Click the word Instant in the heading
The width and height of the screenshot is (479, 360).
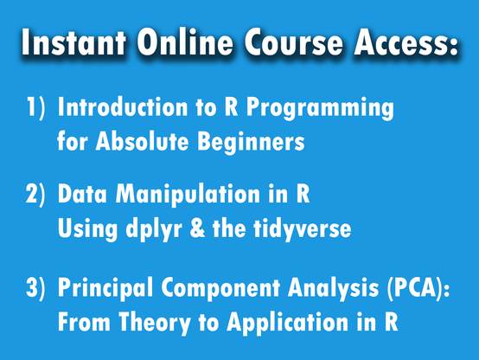click(x=73, y=42)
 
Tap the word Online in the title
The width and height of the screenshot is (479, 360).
click(x=184, y=42)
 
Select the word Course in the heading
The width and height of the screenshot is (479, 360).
click(x=293, y=42)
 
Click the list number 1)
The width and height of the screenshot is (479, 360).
click(x=35, y=106)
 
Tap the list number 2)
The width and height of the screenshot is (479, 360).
click(x=35, y=194)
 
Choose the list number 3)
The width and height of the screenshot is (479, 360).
click(x=35, y=287)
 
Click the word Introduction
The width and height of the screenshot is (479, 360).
click(x=123, y=106)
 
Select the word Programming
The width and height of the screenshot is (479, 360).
click(x=320, y=109)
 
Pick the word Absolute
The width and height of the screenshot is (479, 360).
click(x=142, y=141)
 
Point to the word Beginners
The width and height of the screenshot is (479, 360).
click(x=251, y=143)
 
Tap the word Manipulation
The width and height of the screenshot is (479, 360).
click(x=188, y=196)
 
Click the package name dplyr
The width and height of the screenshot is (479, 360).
click(x=154, y=230)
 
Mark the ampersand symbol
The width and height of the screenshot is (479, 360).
click(x=198, y=228)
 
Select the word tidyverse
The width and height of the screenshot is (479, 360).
click(x=303, y=230)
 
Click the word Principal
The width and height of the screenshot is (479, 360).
click(x=105, y=289)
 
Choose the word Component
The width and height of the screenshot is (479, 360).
click(x=220, y=289)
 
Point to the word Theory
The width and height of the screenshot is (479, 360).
click(x=155, y=324)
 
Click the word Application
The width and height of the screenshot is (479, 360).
click(x=287, y=323)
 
